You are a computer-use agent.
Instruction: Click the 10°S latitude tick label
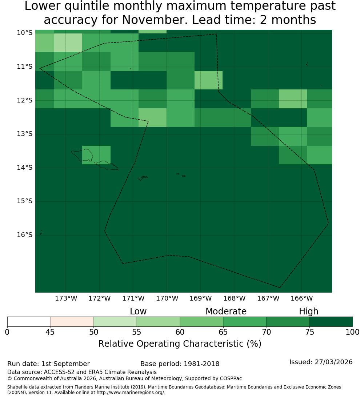point(25,33)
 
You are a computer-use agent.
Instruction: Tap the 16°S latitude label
point(25,235)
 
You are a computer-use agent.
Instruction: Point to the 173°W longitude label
point(66,298)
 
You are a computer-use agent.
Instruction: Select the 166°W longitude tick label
point(301,298)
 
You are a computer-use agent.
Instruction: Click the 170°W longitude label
point(167,298)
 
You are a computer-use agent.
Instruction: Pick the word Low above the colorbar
point(138,311)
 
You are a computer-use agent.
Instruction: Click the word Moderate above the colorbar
point(226,311)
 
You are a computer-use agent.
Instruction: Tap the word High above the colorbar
point(308,311)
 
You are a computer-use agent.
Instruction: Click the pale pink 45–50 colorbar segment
point(72,322)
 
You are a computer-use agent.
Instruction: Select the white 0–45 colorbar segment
point(29,322)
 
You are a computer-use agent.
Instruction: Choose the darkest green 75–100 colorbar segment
point(331,322)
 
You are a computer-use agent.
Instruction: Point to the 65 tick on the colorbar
point(223,332)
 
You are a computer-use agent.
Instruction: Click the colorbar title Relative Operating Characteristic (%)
point(180,344)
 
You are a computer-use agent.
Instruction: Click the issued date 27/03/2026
point(333,362)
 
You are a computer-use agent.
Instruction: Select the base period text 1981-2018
point(201,364)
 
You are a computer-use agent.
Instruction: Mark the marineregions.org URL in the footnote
point(131,393)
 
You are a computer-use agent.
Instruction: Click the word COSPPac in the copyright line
point(230,378)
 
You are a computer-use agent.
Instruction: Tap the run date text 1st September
point(65,364)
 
